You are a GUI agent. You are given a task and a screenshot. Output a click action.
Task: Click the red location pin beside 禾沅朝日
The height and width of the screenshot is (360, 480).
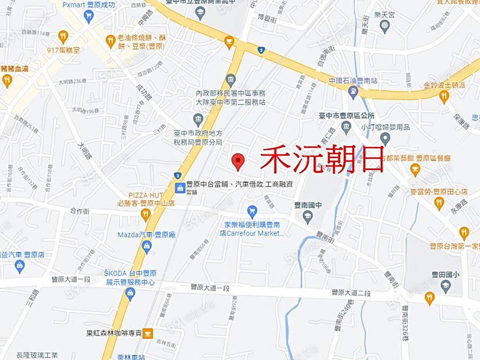(238, 161)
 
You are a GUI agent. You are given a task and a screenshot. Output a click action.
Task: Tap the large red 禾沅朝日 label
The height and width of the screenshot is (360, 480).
(322, 159)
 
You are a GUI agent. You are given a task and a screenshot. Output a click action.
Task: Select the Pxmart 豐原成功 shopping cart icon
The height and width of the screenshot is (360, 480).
(89, 16)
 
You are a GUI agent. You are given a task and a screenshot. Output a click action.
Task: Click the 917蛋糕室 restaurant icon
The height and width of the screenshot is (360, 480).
(63, 36)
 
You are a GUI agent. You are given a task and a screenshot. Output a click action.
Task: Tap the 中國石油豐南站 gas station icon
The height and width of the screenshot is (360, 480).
(353, 92)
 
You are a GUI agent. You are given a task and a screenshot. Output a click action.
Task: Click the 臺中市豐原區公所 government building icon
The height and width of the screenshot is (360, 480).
(346, 127)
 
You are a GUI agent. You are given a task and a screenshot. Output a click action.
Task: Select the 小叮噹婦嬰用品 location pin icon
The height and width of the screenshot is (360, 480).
(385, 139)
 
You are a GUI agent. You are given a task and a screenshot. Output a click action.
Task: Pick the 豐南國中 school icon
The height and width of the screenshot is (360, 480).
(307, 216)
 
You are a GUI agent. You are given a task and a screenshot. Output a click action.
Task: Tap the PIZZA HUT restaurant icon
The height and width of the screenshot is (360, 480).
(146, 214)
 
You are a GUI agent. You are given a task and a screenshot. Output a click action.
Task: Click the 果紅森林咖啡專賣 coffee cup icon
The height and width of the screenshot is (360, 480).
(148, 333)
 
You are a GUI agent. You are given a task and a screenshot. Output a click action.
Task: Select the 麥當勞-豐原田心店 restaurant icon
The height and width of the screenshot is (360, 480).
(439, 203)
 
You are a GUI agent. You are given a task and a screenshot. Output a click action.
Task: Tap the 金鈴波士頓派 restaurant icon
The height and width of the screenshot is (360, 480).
(444, 96)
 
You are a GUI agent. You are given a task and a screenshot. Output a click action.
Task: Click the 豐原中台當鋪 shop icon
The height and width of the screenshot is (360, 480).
(180, 187)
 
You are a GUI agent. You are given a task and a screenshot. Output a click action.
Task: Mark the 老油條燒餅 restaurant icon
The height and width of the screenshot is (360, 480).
(110, 41)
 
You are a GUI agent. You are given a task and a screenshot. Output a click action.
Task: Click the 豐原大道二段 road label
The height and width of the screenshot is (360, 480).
(350, 292)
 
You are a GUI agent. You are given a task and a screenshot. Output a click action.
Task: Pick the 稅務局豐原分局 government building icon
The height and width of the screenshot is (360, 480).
(198, 118)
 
